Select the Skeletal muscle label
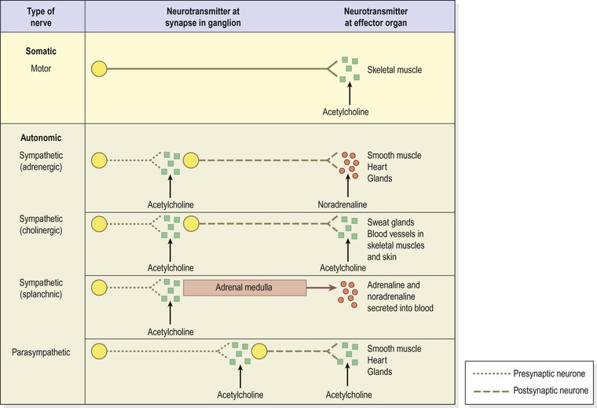point(394,70)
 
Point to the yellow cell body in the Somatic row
point(99,69)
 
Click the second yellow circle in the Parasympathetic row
point(259,352)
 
